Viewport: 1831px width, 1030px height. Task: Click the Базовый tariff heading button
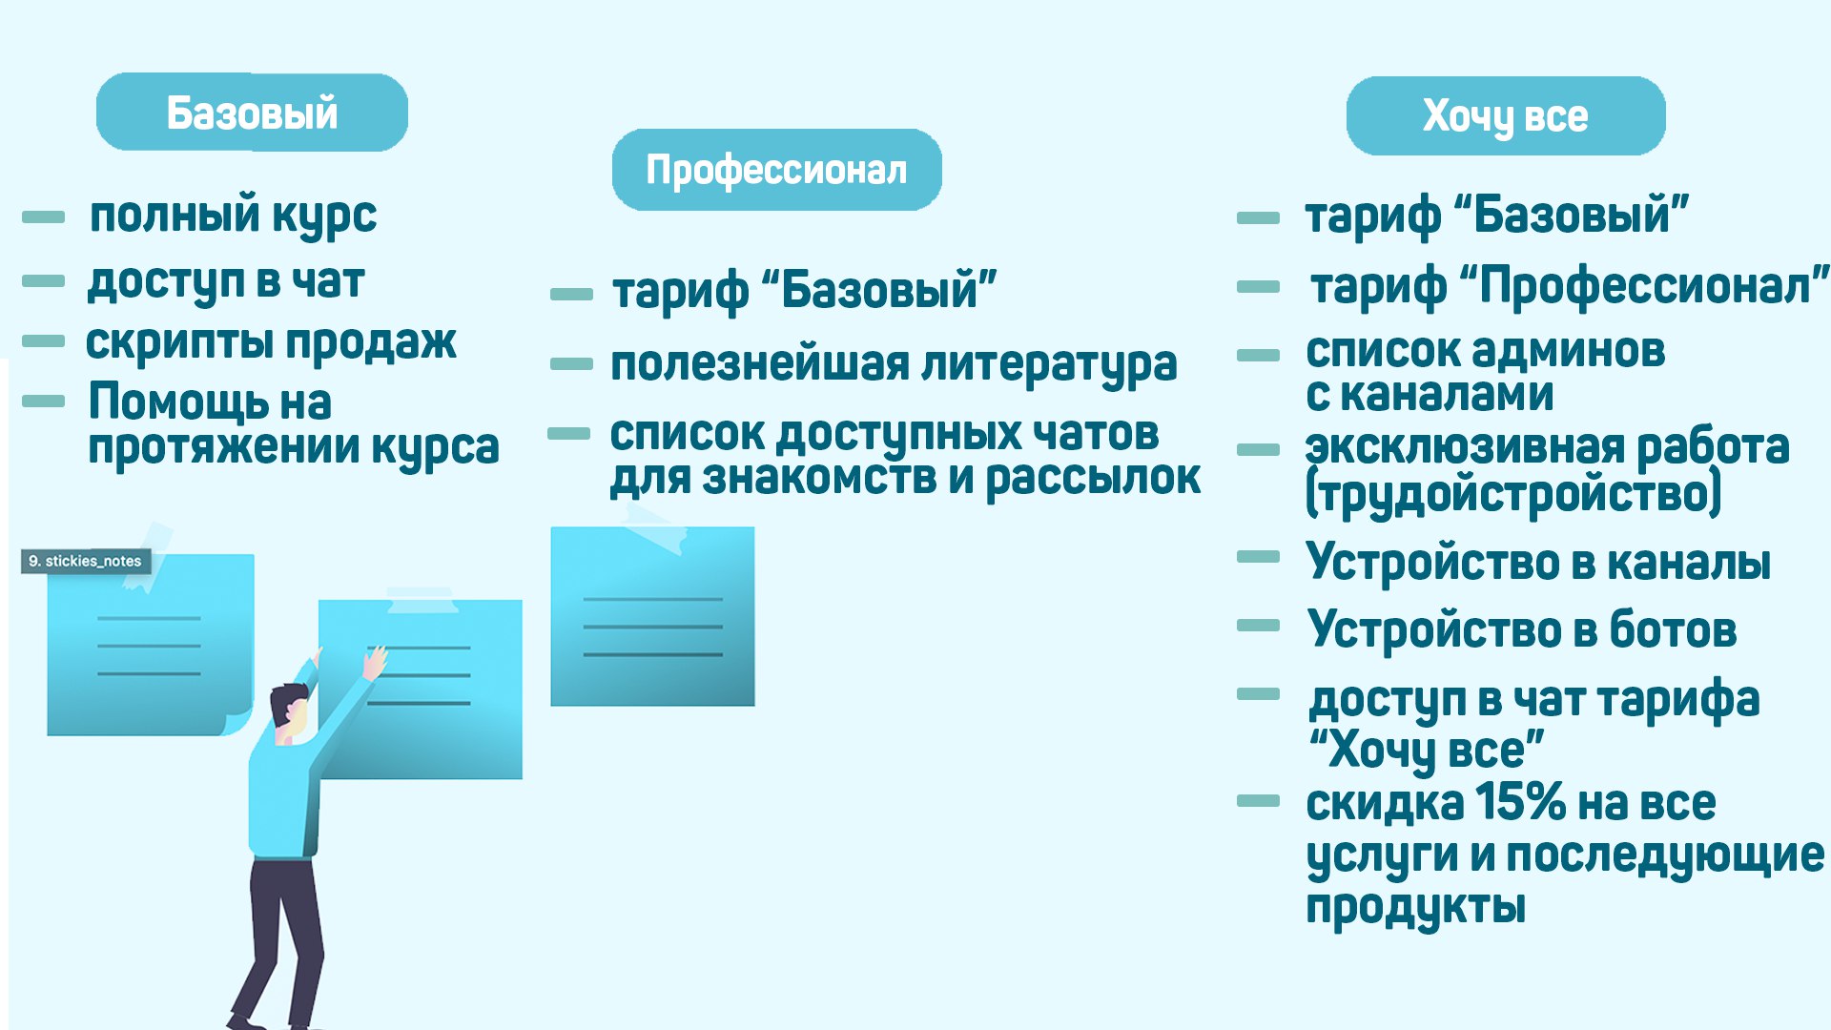[x=252, y=112]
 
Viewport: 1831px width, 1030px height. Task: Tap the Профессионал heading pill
[x=776, y=170]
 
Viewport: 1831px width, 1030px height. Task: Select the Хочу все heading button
[x=1506, y=115]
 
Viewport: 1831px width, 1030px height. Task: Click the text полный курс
[x=233, y=216]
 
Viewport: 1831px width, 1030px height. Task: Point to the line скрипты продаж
[x=271, y=342]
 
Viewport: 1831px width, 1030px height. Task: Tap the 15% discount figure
[x=1520, y=802]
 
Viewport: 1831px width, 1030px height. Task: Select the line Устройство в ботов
[x=1522, y=629]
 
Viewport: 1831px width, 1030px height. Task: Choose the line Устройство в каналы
[x=1538, y=562]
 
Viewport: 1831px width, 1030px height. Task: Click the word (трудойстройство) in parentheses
[x=1513, y=494]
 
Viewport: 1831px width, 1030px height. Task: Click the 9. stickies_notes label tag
[x=86, y=561]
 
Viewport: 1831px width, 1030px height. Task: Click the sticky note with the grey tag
[x=150, y=645]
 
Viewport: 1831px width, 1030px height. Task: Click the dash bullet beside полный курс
[x=43, y=217]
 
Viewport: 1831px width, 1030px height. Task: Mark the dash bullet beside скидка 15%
[x=1258, y=801]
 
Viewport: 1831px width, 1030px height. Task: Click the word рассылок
[x=1093, y=478]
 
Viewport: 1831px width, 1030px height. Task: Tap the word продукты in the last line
[x=1415, y=907]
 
